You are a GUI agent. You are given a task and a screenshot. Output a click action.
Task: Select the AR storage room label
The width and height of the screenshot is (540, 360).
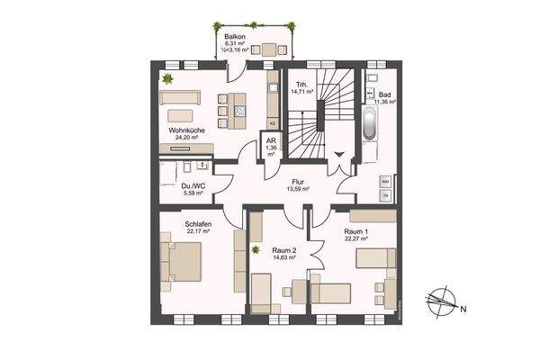pyautogui.click(x=271, y=141)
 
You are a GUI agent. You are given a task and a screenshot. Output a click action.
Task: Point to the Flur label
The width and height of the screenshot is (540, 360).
pyautogui.click(x=297, y=180)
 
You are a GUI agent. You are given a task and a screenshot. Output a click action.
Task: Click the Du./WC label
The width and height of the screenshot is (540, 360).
pyautogui.click(x=192, y=184)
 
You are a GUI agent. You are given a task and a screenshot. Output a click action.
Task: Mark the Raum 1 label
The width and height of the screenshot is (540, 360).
pyautogui.click(x=356, y=230)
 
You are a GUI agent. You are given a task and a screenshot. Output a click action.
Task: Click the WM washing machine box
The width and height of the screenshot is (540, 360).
pyautogui.click(x=385, y=181)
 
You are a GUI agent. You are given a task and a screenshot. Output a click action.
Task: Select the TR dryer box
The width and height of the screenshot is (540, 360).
pyautogui.click(x=385, y=195)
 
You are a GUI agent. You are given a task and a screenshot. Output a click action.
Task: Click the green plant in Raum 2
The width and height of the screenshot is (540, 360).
pyautogui.click(x=256, y=249)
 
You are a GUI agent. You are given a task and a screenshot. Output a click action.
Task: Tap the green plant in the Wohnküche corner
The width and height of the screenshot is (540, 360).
pyautogui.click(x=166, y=79)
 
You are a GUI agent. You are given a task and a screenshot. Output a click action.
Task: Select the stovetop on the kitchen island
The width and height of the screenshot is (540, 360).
pyautogui.click(x=238, y=111)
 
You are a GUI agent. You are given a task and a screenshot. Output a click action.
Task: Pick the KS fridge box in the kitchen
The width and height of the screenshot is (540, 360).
pyautogui.click(x=272, y=121)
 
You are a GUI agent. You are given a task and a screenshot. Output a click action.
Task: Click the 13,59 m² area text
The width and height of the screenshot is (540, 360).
pyautogui.click(x=297, y=189)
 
